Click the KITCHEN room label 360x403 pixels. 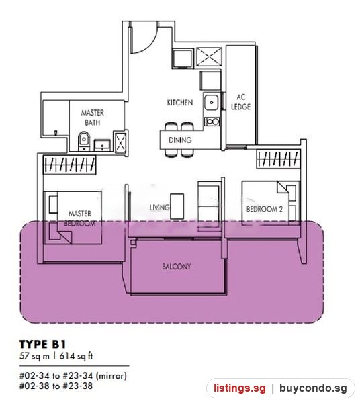point(180,103)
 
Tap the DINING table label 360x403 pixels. point(180,140)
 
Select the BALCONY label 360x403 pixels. point(177,267)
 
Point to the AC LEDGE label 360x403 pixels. point(240,102)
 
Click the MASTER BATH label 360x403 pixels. point(93,118)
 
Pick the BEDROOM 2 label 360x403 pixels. point(265,209)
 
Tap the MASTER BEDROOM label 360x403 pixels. point(80,218)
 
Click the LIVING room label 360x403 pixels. point(159,207)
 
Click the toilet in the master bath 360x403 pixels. point(83,141)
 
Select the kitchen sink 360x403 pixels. point(212,102)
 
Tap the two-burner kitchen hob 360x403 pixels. point(212,122)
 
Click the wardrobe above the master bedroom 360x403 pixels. point(69,165)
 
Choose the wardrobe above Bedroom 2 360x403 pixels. point(279,159)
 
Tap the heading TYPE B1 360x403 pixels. point(43,344)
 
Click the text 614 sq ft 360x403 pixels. point(76,356)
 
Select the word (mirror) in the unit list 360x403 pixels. point(111,376)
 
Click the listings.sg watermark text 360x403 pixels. point(240,388)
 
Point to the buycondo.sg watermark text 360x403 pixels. point(313,388)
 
